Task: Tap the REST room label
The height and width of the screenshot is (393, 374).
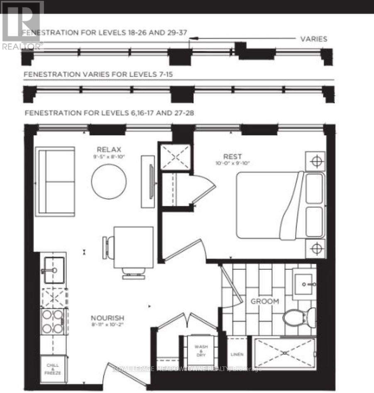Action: click(232, 156)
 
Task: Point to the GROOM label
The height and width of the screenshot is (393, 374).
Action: click(264, 301)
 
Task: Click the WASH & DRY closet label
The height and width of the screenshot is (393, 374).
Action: click(201, 349)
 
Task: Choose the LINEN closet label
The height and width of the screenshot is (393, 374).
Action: click(237, 354)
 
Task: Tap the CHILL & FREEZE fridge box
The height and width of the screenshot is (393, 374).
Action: click(53, 369)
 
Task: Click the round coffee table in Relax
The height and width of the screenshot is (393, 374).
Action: click(109, 181)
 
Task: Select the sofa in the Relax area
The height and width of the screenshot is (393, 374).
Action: click(55, 181)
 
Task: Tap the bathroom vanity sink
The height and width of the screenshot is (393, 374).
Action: click(304, 284)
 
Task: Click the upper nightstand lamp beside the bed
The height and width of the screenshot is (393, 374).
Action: click(316, 161)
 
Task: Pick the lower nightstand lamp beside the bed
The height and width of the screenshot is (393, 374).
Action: click(316, 248)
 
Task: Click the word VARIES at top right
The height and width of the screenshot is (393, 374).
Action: click(313, 39)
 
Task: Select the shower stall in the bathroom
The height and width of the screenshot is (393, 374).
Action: click(285, 353)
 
